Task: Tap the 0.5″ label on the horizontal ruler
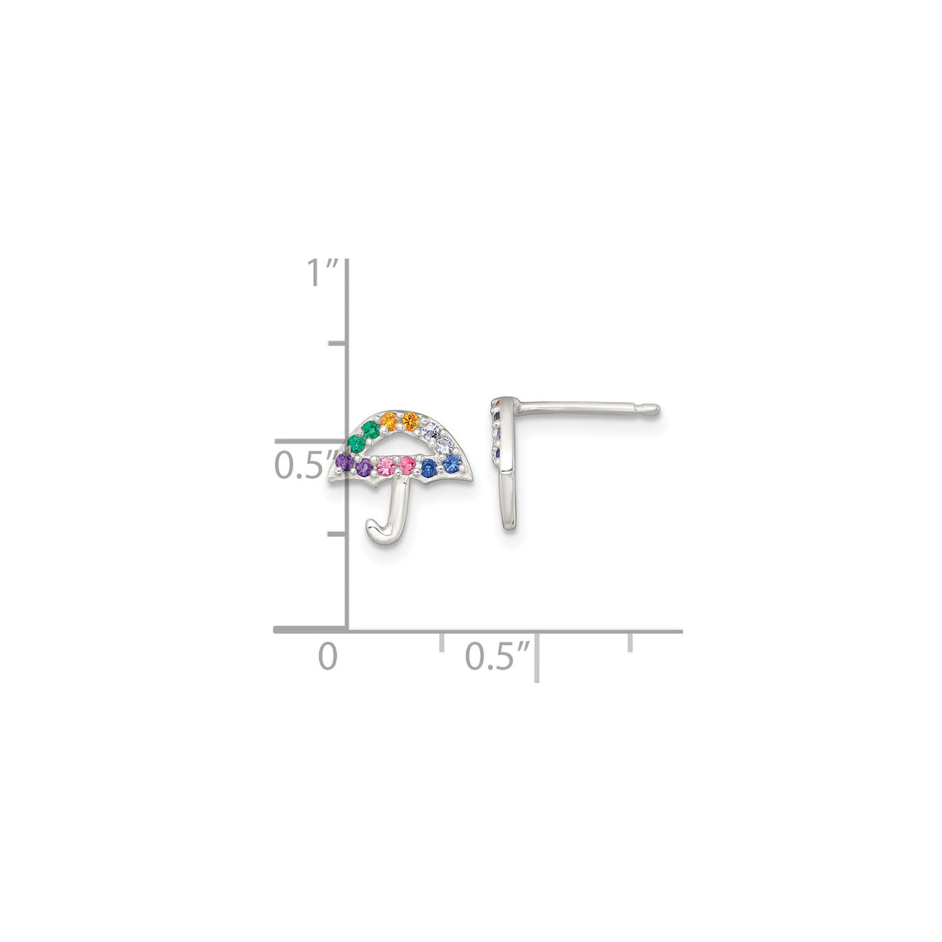point(497,656)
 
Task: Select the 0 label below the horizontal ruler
point(328,656)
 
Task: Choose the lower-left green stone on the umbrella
point(355,442)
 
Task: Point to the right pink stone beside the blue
point(406,465)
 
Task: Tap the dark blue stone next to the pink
point(429,467)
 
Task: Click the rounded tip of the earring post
point(656,407)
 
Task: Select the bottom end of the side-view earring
point(509,528)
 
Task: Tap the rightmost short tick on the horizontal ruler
point(630,641)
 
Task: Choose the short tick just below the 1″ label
point(338,343)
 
